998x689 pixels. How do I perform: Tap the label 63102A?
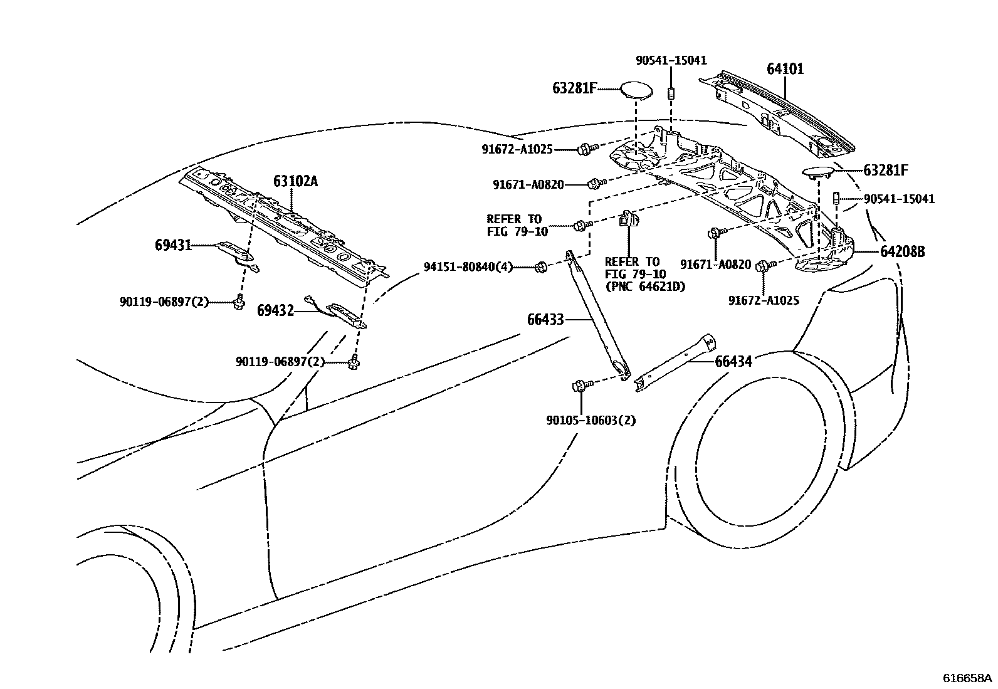tap(295, 182)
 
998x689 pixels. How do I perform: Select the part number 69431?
tap(172, 245)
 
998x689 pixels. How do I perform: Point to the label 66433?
tap(545, 320)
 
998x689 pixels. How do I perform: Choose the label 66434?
tap(733, 362)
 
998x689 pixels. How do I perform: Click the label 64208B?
tap(901, 252)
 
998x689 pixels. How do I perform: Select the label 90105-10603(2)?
tap(591, 420)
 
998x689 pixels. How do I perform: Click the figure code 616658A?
tap(968, 678)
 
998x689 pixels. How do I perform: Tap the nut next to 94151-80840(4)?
tap(541, 268)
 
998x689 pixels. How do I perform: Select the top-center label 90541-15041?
tap(671, 61)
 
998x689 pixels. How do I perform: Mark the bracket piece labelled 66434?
tap(675, 364)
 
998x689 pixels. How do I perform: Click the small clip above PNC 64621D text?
tap(629, 219)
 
